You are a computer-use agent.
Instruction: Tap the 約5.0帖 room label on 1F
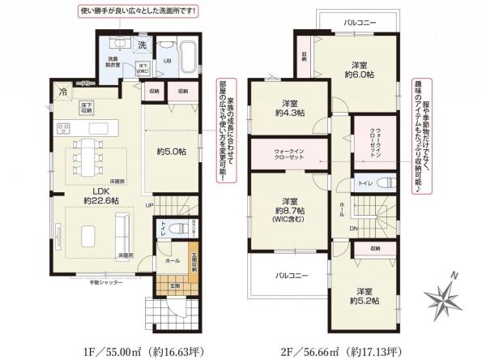tap(167, 149)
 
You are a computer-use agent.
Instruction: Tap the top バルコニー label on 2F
tap(358, 24)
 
